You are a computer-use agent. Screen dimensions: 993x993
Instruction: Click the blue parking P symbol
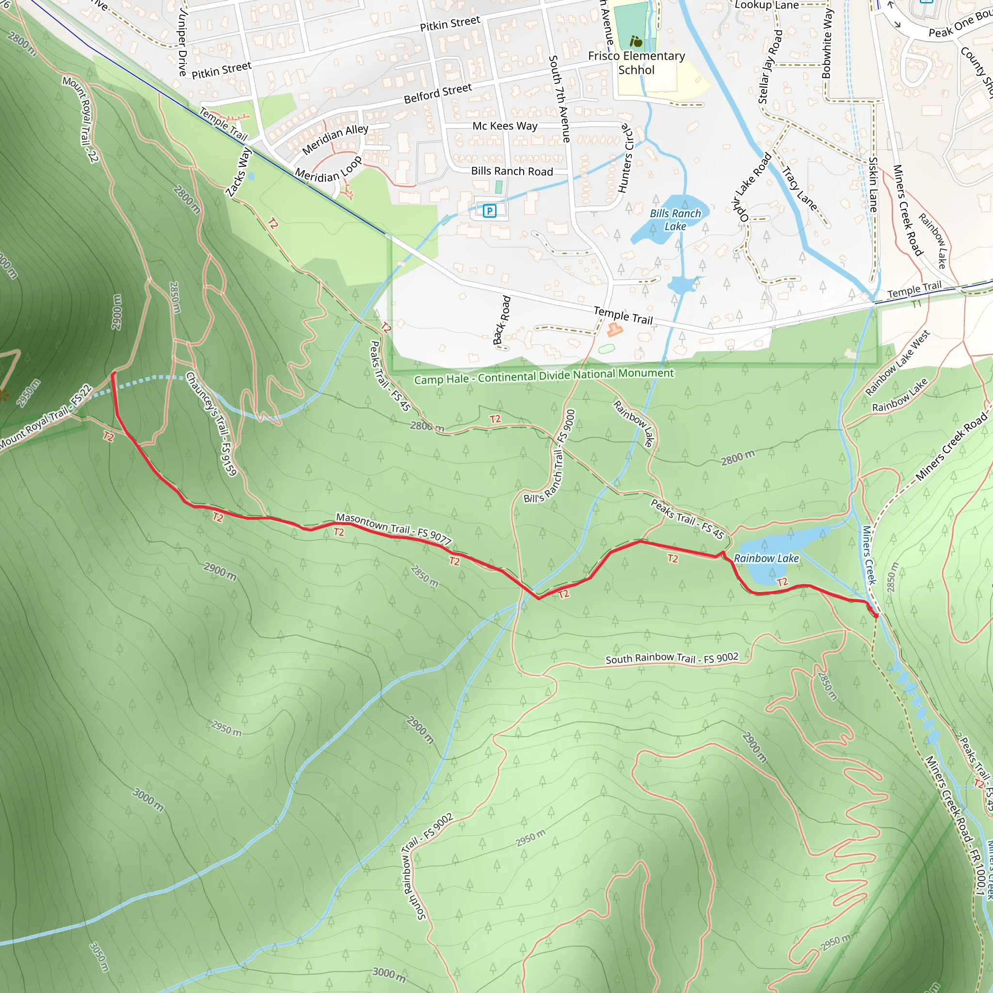[x=489, y=210]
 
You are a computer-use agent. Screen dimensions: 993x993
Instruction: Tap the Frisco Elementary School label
[x=636, y=63]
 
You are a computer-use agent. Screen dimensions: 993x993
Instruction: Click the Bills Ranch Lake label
[x=675, y=220]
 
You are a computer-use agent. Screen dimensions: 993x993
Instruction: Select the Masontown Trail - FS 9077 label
[x=394, y=529]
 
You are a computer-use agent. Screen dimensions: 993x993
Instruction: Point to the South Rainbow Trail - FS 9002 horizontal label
[x=672, y=658]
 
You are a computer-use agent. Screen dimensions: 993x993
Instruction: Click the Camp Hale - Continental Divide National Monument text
[x=544, y=376]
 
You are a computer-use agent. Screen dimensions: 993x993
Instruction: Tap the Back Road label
[x=502, y=320]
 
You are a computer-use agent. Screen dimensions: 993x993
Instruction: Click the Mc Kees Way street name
[x=505, y=126]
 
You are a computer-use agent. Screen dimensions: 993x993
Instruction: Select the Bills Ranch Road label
[x=512, y=171]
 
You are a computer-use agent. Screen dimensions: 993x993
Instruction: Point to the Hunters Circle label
[x=626, y=158]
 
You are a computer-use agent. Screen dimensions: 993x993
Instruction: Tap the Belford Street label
[x=437, y=93]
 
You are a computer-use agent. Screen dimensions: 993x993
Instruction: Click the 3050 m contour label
[x=99, y=957]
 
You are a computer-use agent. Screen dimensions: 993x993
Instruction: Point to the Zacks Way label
[x=239, y=172]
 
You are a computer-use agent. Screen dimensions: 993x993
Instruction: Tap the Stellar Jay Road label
[x=770, y=67]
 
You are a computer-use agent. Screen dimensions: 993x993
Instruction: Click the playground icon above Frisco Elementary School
[x=636, y=41]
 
